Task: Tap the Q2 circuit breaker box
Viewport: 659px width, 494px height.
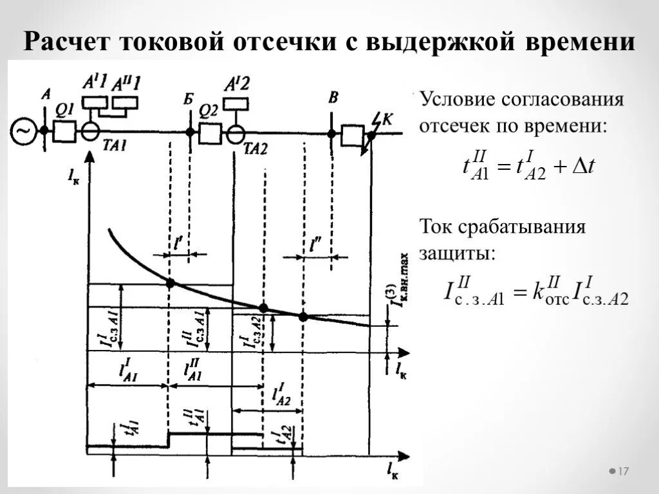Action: pyautogui.click(x=210, y=133)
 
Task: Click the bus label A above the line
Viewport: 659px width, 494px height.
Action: pyautogui.click(x=46, y=94)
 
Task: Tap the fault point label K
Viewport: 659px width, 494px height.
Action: pyautogui.click(x=387, y=118)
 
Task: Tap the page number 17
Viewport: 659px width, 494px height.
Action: pyautogui.click(x=622, y=472)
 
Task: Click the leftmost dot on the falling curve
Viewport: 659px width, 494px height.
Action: pyautogui.click(x=170, y=283)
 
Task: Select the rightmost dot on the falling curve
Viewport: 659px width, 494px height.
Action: pyautogui.click(x=303, y=316)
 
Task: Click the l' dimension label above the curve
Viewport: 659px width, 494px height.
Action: pyautogui.click(x=178, y=243)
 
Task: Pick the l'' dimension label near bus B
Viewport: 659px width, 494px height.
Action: pyautogui.click(x=315, y=245)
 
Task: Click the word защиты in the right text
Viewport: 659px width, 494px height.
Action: pyautogui.click(x=458, y=252)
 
